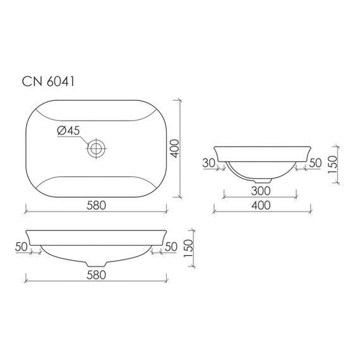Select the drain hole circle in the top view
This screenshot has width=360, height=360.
pyautogui.click(x=96, y=149)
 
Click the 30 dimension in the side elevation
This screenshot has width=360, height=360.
pyautogui.click(x=209, y=164)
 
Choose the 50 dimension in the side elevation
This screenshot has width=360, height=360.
pyautogui.click(x=316, y=164)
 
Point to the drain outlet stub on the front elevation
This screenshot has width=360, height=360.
pyautogui.click(x=95, y=261)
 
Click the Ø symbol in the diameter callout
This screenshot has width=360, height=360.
pyautogui.click(x=61, y=131)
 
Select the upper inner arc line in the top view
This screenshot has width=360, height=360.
pyautogui.click(x=95, y=121)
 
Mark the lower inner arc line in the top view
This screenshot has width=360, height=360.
pyautogui.click(x=95, y=176)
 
